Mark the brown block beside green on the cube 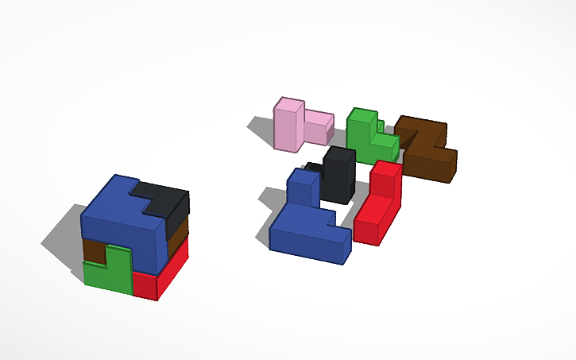[93, 250]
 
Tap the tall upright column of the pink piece [288, 127]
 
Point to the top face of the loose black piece [338, 153]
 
